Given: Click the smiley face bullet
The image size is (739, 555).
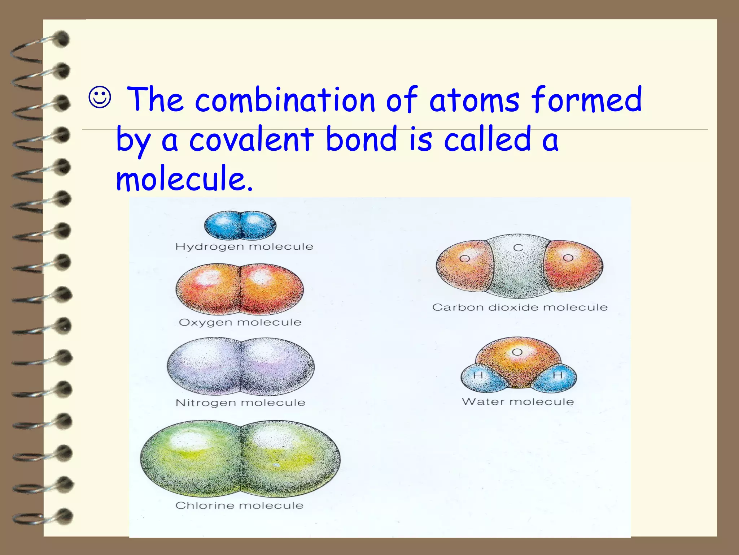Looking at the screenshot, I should coord(100,98).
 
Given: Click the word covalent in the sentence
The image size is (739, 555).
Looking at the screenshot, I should coord(252,139).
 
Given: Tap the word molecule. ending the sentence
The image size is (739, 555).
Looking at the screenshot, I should coord(184,178).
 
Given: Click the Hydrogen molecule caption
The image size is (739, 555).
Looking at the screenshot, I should coord(244,247).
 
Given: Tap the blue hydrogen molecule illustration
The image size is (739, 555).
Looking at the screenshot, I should coord(240,225).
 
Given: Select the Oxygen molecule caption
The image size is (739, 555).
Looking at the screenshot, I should coord(240,322).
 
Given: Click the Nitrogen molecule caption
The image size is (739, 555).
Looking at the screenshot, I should coord(240,403).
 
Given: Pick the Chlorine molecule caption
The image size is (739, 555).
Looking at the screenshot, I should coord(239,505).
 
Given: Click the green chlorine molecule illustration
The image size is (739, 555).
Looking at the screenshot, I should coord(240,458).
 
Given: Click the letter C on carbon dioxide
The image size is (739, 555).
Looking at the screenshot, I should coord(518,248).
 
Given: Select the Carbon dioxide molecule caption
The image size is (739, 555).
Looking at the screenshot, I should coord(520,307).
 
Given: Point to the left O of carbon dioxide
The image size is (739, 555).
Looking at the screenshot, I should coord(465,259).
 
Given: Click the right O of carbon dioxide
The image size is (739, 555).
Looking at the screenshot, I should coord(568,258).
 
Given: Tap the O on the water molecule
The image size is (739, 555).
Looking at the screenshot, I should coord(517,352).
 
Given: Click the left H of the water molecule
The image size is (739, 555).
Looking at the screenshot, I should coord(478,375).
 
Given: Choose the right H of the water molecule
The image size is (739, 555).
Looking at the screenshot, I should coord(558,375).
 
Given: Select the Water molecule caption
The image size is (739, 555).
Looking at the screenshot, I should coord(518,402).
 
